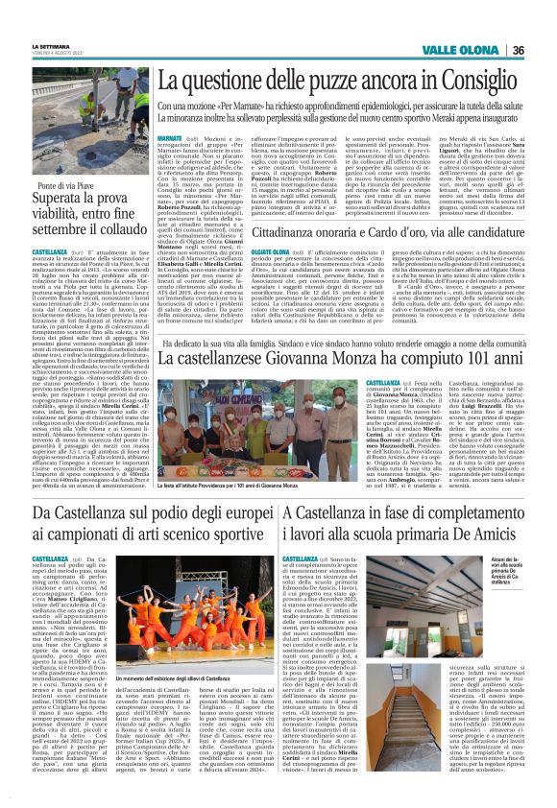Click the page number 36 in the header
(x=545, y=50)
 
